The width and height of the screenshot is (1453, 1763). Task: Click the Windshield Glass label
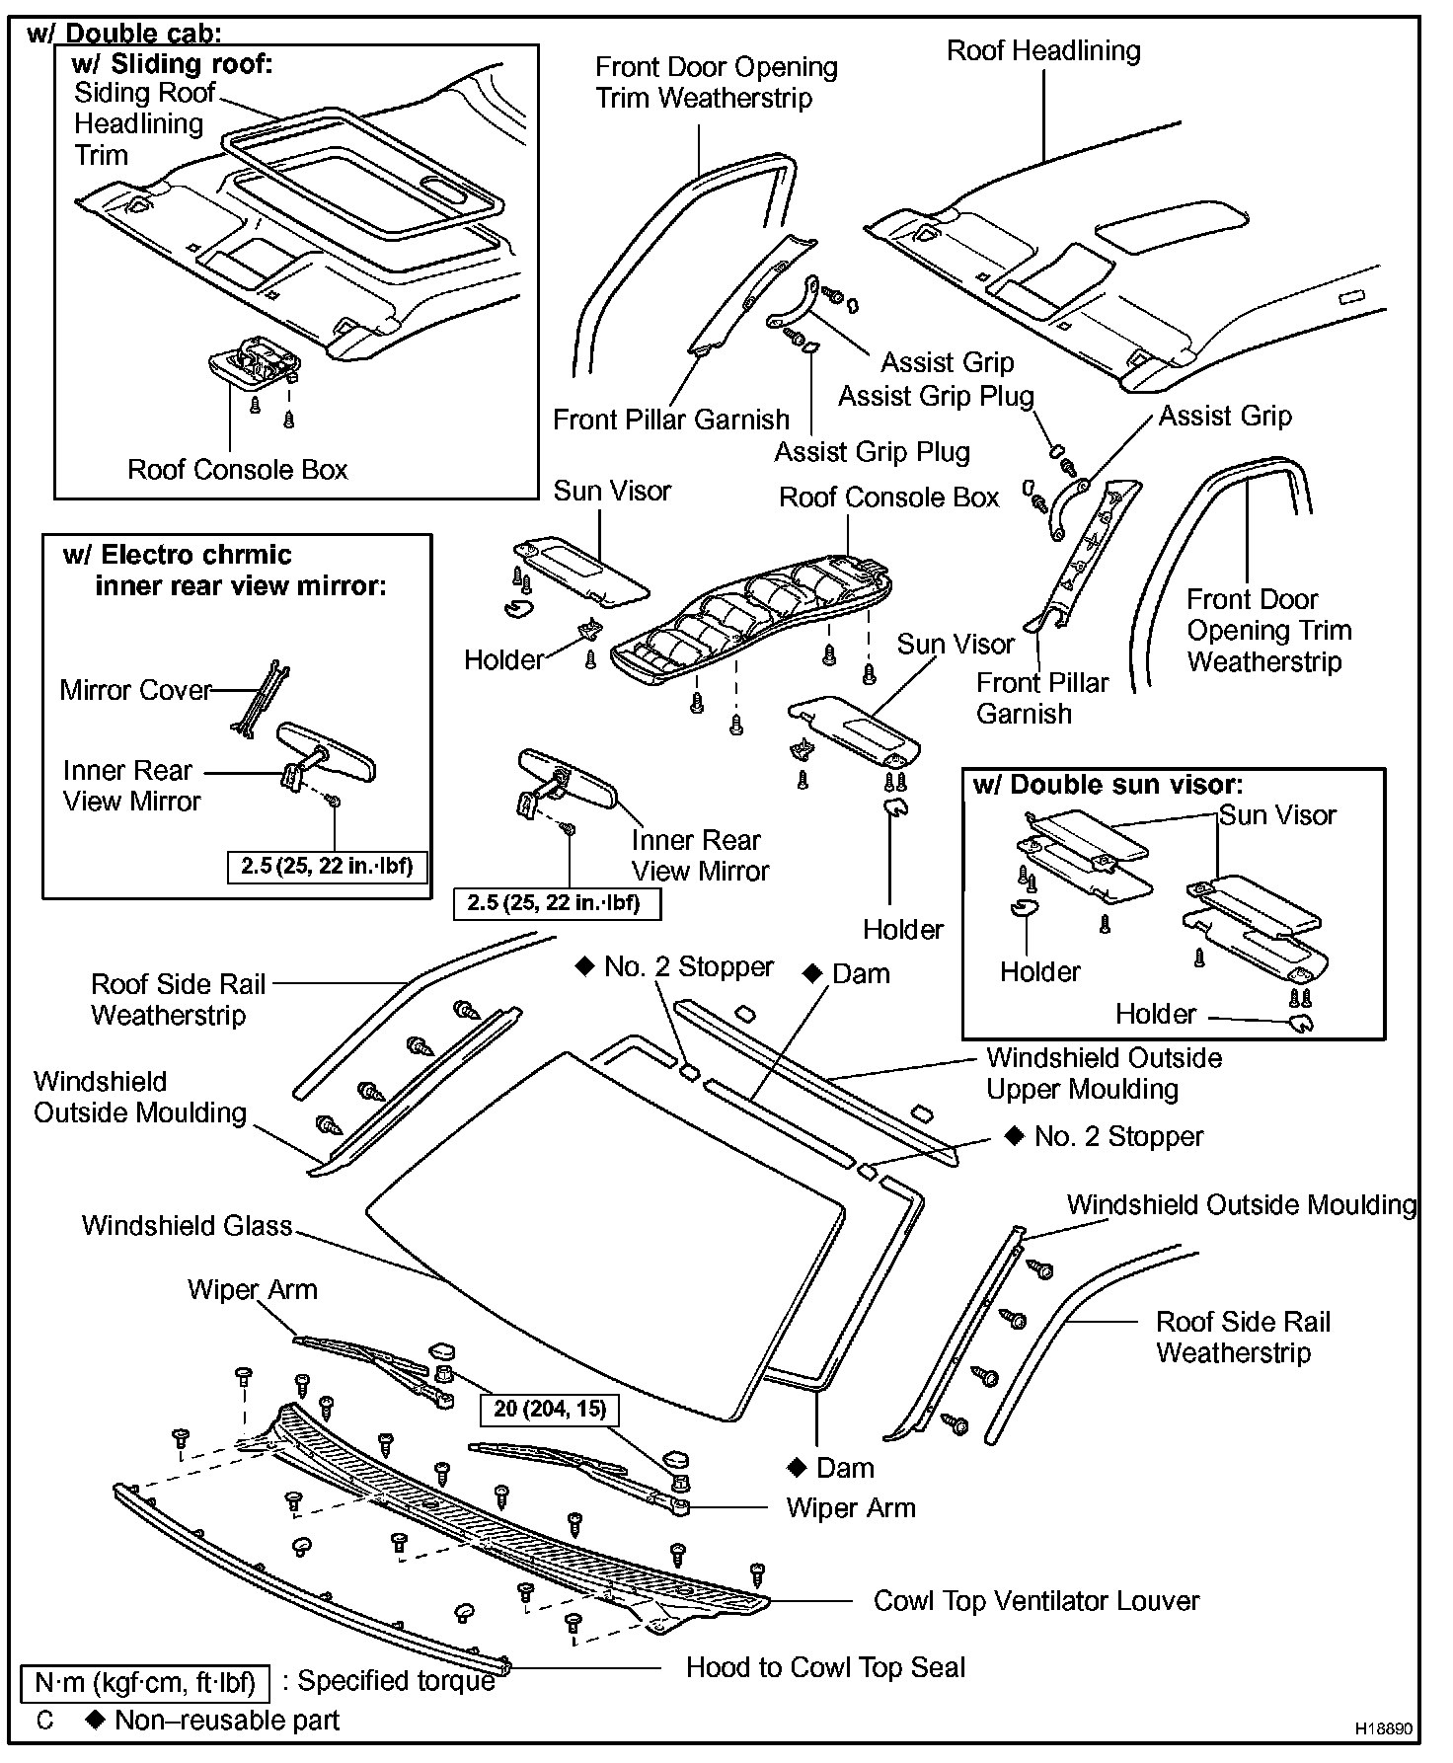pyautogui.click(x=187, y=1226)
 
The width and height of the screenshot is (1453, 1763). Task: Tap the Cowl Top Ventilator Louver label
pyautogui.click(x=1036, y=1601)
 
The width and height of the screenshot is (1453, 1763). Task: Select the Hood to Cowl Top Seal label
pyautogui.click(x=825, y=1667)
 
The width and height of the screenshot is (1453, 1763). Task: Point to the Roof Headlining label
pyautogui.click(x=1043, y=51)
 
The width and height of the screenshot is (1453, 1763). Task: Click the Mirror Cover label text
pyautogui.click(x=135, y=690)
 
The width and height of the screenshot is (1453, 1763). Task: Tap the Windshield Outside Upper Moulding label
pyautogui.click(x=1104, y=1073)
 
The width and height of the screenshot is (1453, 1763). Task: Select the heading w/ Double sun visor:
pyautogui.click(x=1108, y=785)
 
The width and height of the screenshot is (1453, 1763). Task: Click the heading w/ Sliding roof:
pyautogui.click(x=172, y=65)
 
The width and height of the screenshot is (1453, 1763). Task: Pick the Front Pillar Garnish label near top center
pyautogui.click(x=671, y=420)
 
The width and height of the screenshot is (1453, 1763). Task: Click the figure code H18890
pyautogui.click(x=1384, y=1730)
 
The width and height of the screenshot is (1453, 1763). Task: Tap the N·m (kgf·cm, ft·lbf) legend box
pyautogui.click(x=145, y=1682)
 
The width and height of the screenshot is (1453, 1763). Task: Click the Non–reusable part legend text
pyautogui.click(x=226, y=1721)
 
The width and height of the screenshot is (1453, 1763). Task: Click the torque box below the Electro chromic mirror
pyautogui.click(x=327, y=867)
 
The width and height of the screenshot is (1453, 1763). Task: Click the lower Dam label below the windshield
pyautogui.click(x=845, y=1468)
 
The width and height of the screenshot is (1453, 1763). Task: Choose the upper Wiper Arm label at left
pyautogui.click(x=253, y=1290)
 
